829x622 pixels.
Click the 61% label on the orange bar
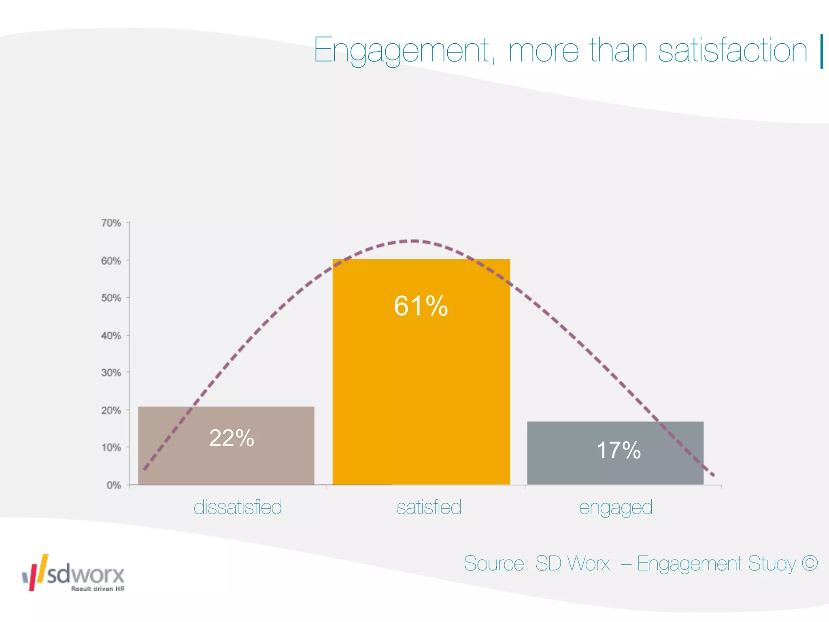click(421, 306)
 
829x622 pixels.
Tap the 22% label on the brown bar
click(232, 438)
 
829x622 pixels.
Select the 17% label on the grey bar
click(619, 450)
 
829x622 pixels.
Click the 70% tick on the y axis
click(111, 223)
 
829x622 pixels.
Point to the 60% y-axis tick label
click(111, 261)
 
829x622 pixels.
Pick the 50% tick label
click(111, 298)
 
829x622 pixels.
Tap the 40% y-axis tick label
click(111, 336)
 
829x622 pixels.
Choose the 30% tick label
click(111, 373)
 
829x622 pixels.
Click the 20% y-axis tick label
click(111, 411)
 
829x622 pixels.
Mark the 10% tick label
click(111, 447)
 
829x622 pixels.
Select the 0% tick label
click(114, 485)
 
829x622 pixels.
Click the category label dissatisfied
click(238, 507)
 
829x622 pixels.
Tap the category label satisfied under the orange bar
click(429, 507)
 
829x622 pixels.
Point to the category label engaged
click(616, 508)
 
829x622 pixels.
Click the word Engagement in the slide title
click(402, 51)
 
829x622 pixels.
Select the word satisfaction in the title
click(733, 51)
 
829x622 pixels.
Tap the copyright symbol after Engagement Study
click(810, 563)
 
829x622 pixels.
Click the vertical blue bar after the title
click(822, 51)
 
